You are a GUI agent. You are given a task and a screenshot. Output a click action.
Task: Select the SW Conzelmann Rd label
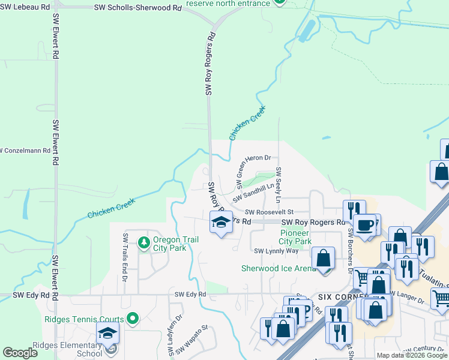[x=25, y=150]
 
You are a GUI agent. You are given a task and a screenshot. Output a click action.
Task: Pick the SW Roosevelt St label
[x=269, y=212]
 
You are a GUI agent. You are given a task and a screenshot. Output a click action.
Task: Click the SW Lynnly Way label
[x=276, y=251]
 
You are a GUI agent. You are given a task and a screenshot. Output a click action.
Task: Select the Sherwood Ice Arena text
[x=278, y=268]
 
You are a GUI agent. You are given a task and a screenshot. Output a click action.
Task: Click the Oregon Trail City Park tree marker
[x=143, y=242]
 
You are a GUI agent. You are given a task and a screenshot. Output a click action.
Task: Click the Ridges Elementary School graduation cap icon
[x=107, y=333]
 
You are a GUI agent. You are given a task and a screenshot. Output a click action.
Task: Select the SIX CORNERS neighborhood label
[x=337, y=297]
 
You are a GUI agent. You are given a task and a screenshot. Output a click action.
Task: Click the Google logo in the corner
[x=20, y=353]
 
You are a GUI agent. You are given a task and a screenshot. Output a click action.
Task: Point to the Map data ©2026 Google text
[x=412, y=355]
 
